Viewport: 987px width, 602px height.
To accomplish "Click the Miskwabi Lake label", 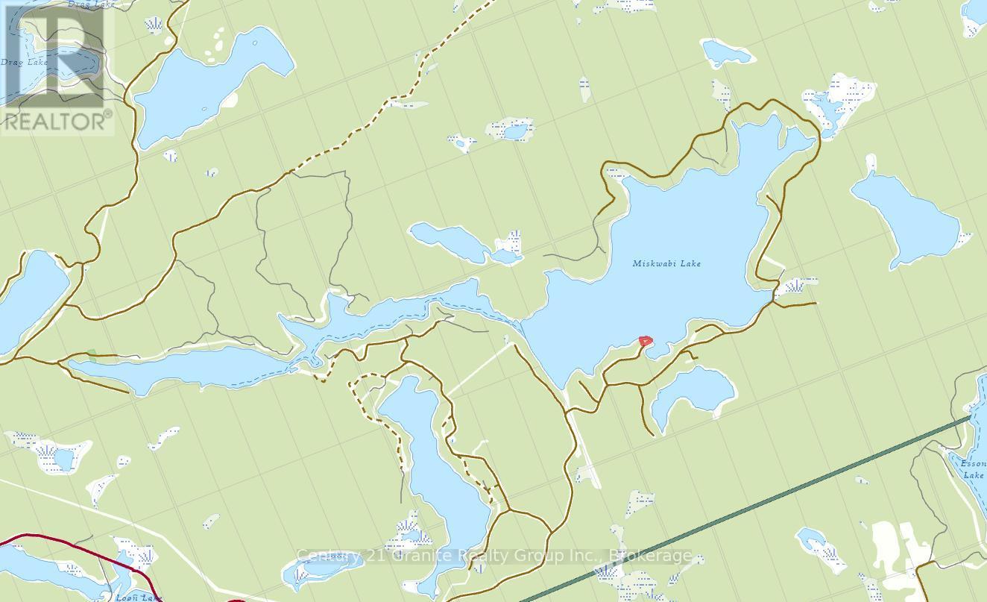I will [666, 263].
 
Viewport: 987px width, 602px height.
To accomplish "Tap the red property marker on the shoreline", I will [646, 341].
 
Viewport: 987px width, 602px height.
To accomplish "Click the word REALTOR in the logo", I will [52, 122].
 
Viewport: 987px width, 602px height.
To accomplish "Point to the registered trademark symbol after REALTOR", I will [108, 115].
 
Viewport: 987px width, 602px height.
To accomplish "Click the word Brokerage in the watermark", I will [650, 556].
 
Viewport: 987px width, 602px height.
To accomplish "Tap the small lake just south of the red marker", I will [690, 392].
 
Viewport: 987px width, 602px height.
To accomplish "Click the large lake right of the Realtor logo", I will [209, 82].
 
